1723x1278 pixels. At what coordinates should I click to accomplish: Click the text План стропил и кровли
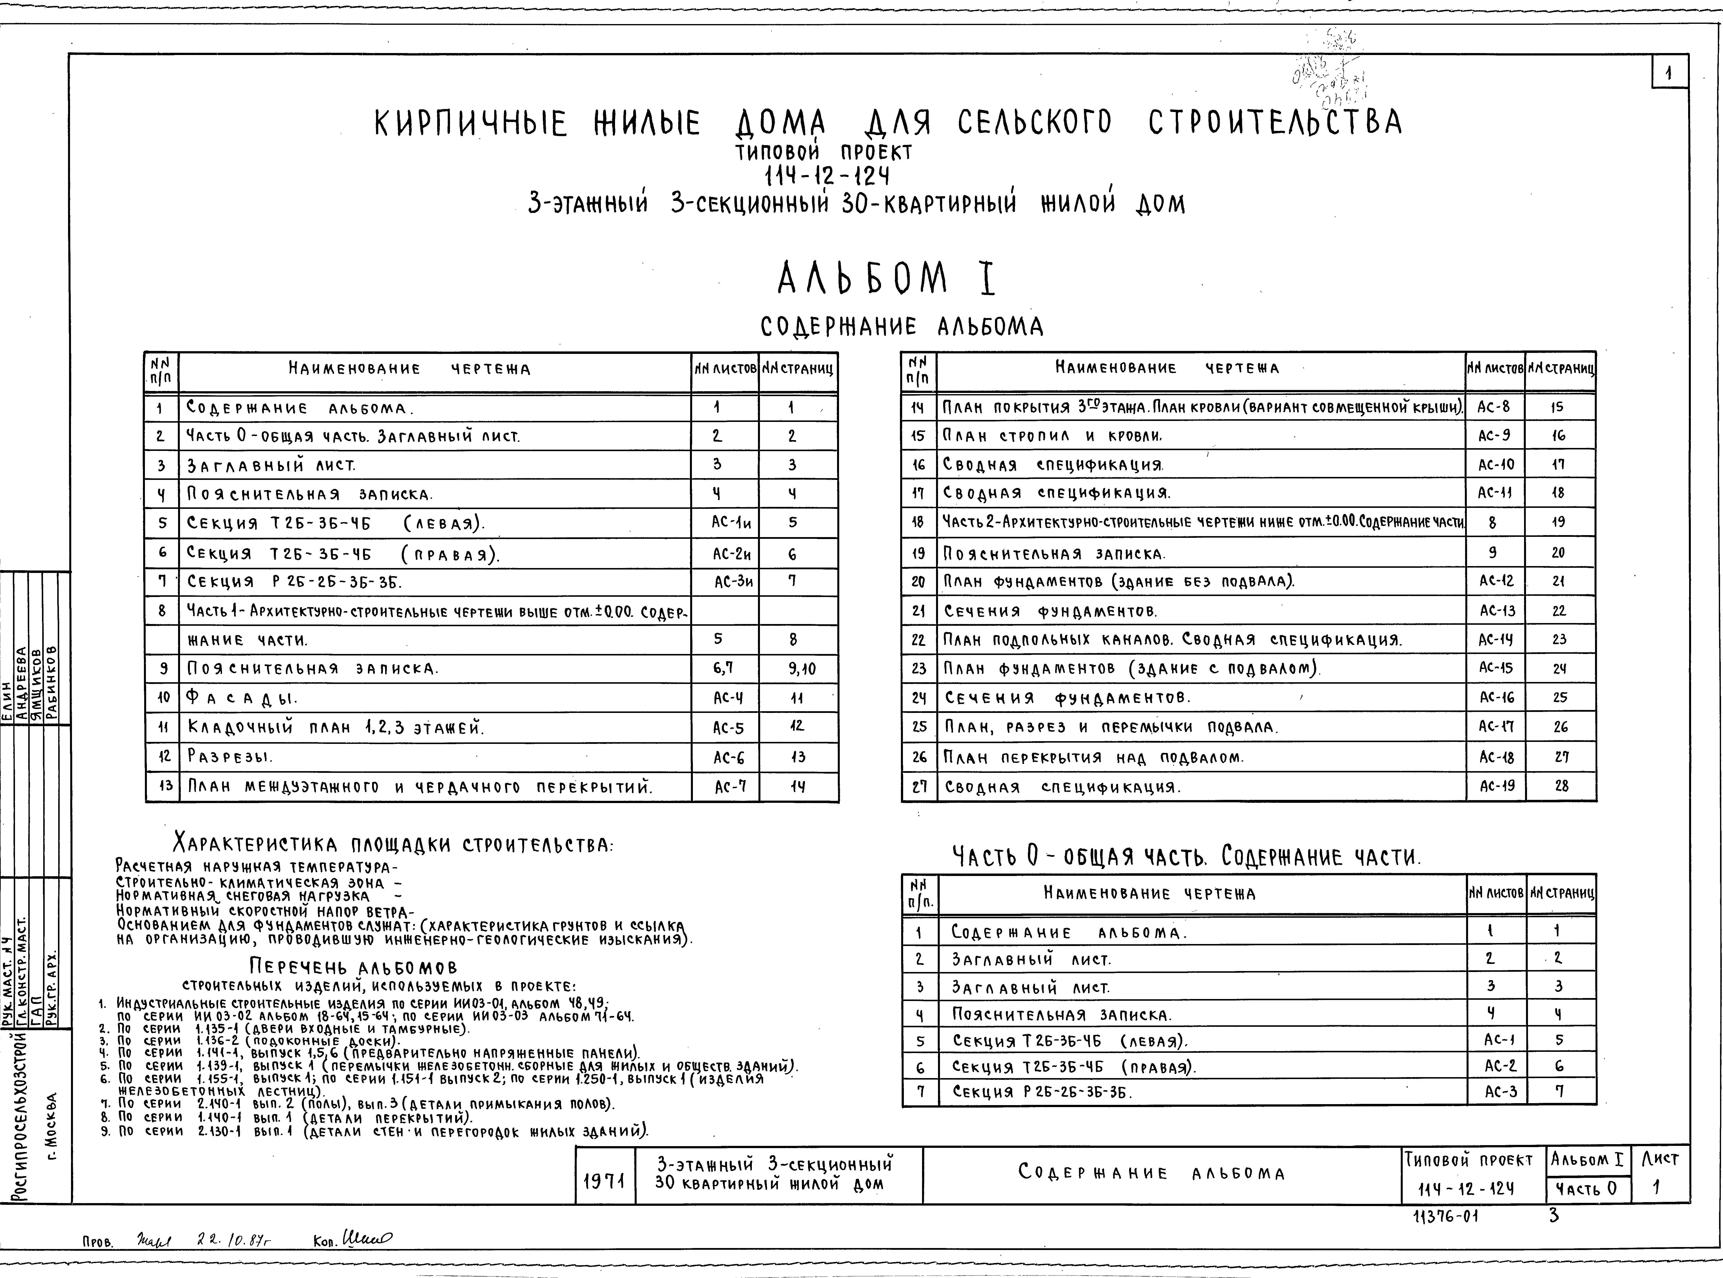(1052, 436)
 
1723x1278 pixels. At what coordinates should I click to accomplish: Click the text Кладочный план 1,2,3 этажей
(335, 727)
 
